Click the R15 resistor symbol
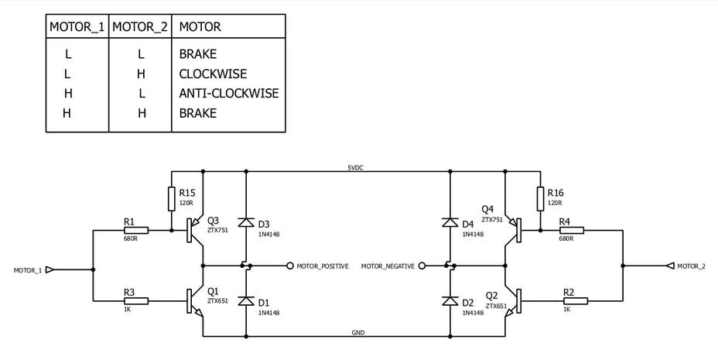(171, 199)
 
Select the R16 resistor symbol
(540, 199)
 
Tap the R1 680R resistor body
(136, 231)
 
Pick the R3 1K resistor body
(136, 301)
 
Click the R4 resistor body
(572, 231)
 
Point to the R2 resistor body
(576, 301)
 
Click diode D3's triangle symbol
(246, 223)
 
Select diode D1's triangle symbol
(246, 301)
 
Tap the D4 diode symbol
(450, 223)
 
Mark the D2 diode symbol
(450, 301)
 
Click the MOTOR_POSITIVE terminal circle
(290, 266)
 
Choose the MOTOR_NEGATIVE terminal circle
(422, 266)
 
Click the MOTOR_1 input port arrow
(50, 269)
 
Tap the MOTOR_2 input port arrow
(671, 266)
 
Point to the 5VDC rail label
(355, 168)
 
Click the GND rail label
(358, 333)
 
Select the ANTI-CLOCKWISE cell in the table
(229, 94)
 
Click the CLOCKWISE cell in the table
(213, 74)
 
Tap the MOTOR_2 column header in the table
(140, 27)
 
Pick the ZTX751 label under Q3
(217, 230)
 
